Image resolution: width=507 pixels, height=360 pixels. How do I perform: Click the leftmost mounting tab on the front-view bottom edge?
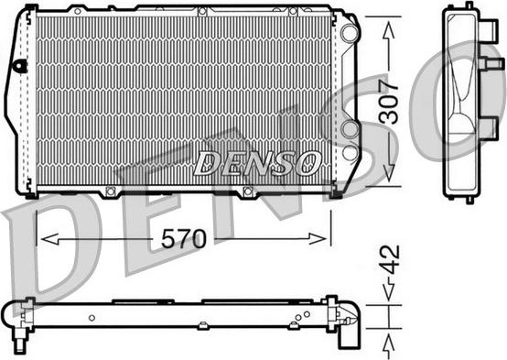111,192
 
